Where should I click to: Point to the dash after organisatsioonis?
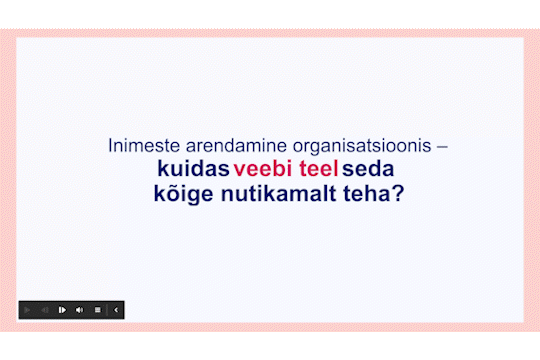(442, 145)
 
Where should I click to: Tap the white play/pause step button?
(62, 310)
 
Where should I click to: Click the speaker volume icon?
(80, 310)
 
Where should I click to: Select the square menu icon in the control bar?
(97, 310)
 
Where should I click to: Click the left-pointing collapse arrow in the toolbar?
(116, 310)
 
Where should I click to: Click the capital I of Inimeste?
(110, 145)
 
